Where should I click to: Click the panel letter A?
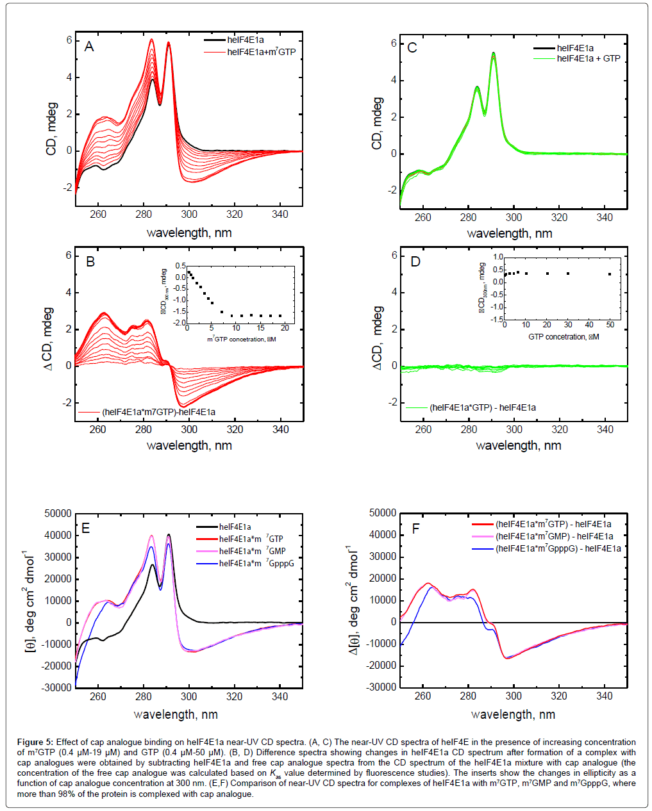(89, 47)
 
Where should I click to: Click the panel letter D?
(415, 261)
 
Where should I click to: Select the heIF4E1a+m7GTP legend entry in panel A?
(261, 52)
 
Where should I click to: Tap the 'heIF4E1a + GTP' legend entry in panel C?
(588, 58)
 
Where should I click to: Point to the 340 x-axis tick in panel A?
(280, 215)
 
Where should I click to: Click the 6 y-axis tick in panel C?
(394, 44)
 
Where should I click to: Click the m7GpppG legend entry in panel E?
(256, 563)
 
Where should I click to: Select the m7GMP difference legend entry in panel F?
(553, 536)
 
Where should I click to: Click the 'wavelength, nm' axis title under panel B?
(189, 445)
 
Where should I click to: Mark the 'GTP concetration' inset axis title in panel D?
(564, 337)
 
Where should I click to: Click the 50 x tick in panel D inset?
(610, 325)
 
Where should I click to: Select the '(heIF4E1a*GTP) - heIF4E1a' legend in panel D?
(482, 407)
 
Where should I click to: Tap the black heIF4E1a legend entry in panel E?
(235, 527)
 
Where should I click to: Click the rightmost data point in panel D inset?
(610, 274)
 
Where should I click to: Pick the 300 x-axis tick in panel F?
(514, 696)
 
